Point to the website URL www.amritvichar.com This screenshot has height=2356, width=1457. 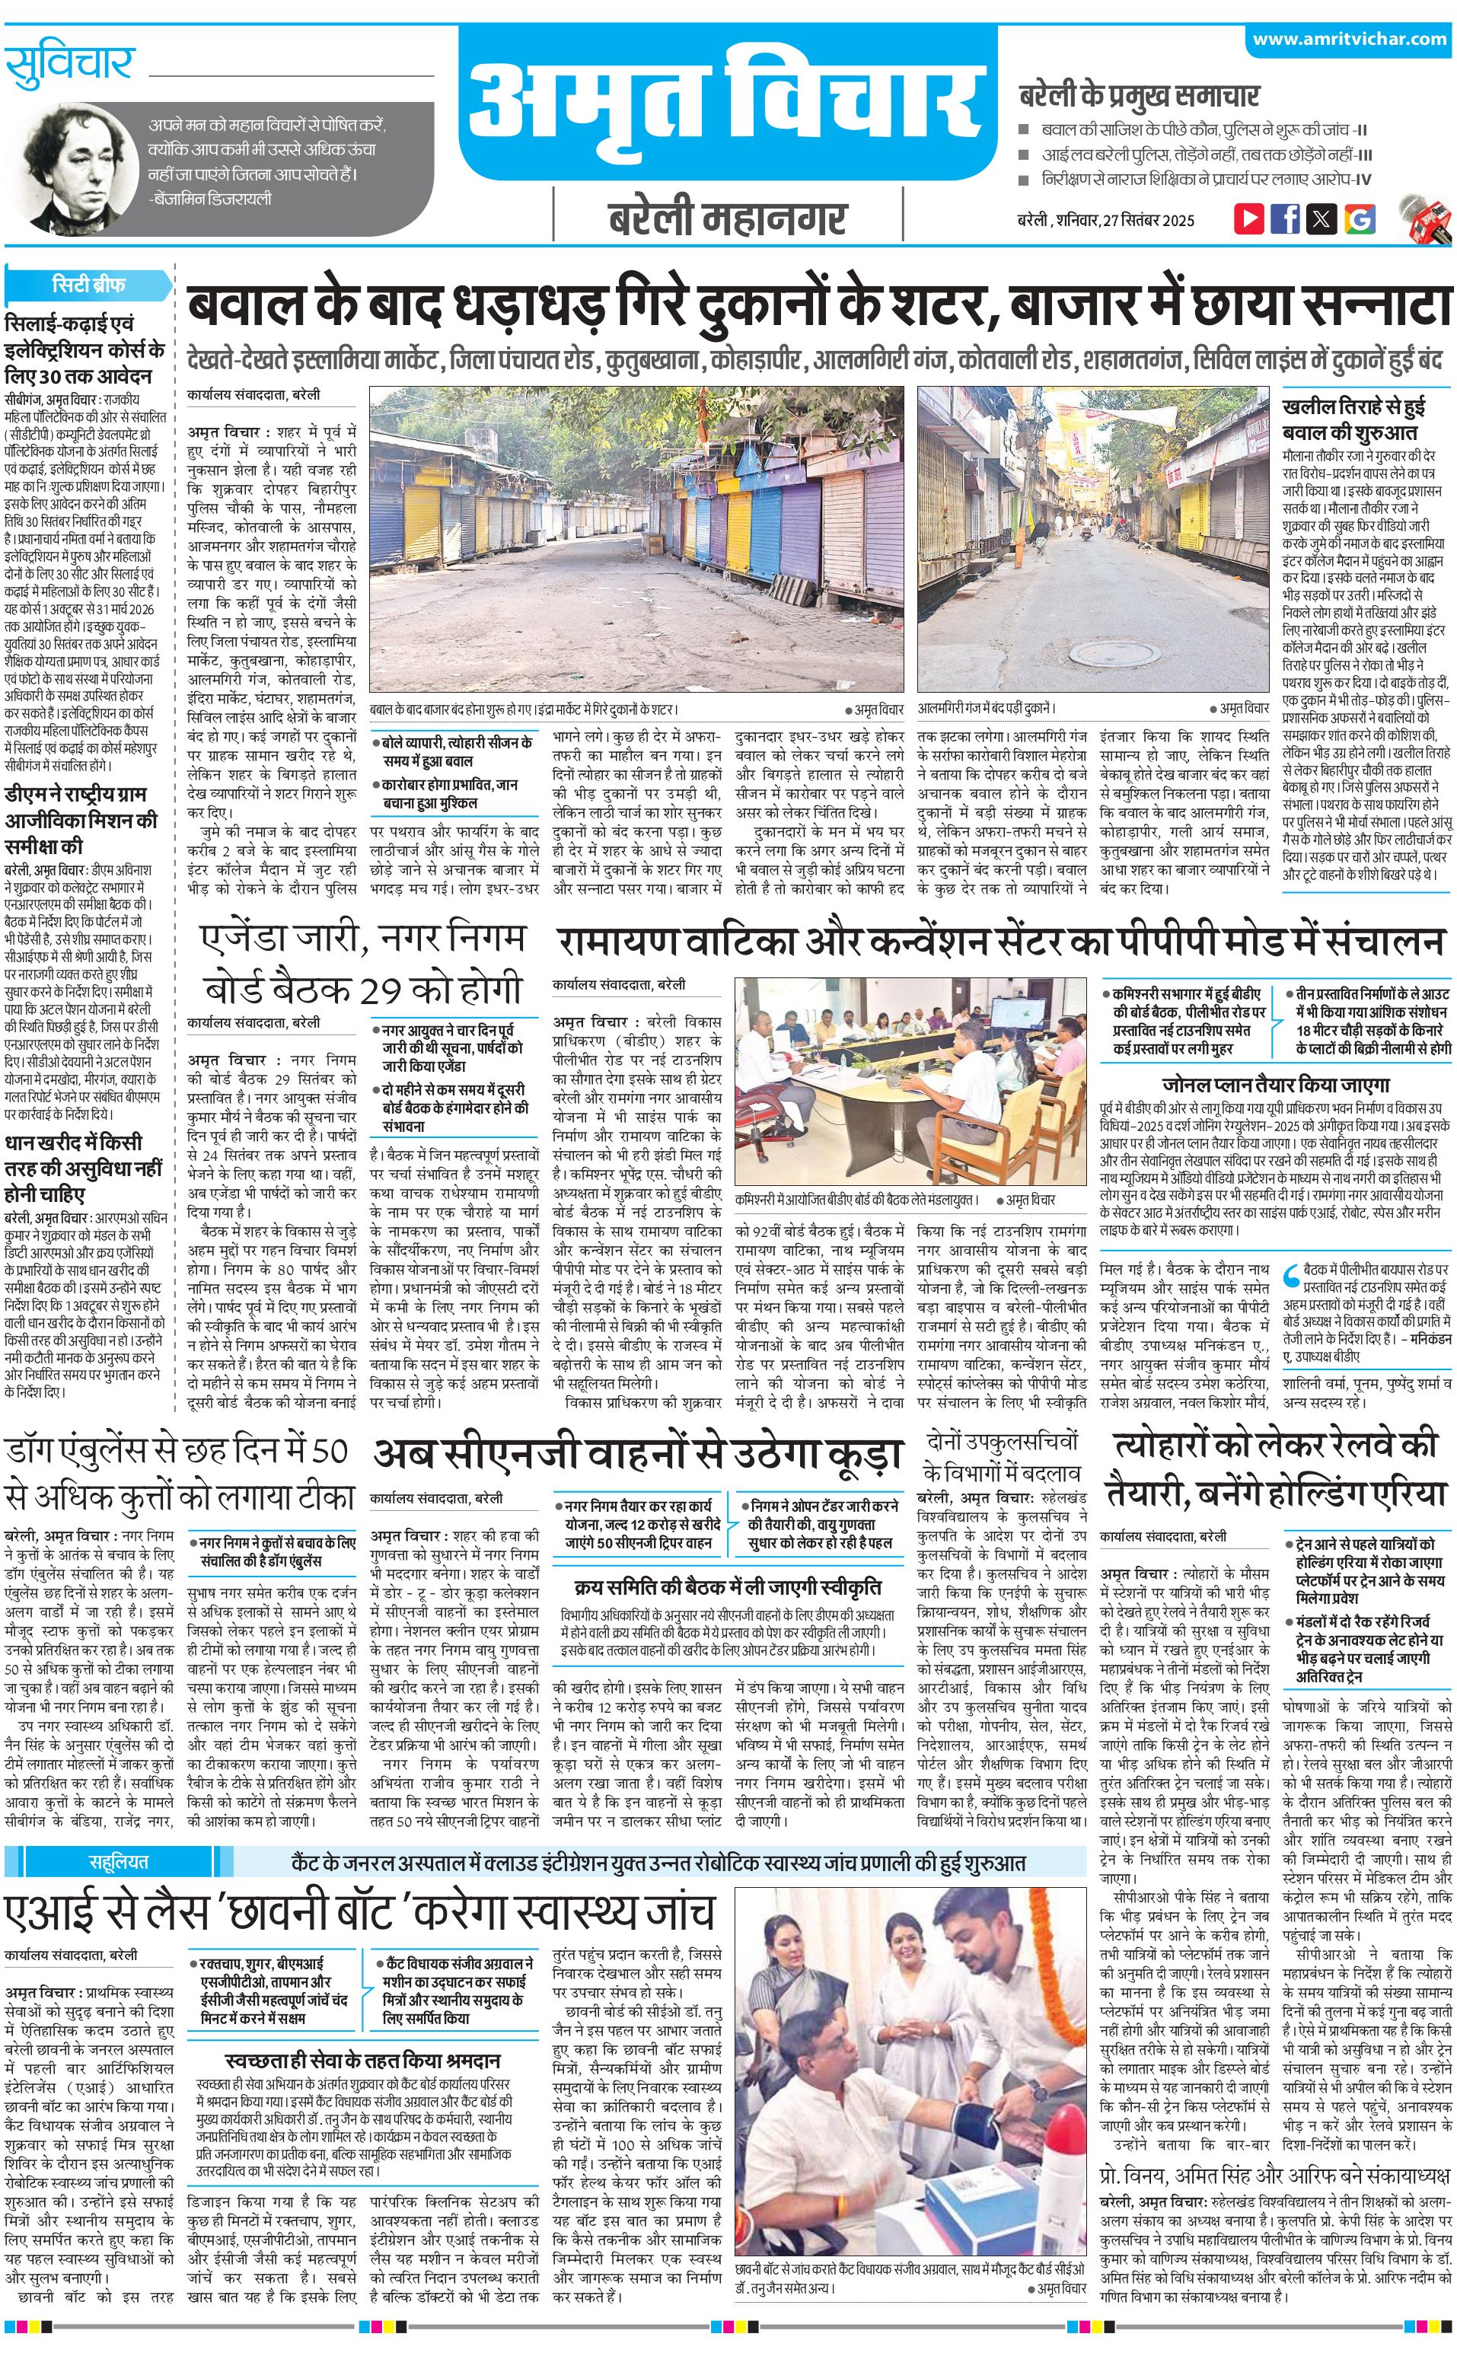[x=1349, y=40]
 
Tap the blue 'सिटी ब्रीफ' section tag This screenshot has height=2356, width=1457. [x=88, y=285]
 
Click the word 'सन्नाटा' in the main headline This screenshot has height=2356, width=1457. [x=1377, y=308]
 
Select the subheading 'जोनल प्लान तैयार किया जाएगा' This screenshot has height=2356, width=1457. [x=1275, y=1084]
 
